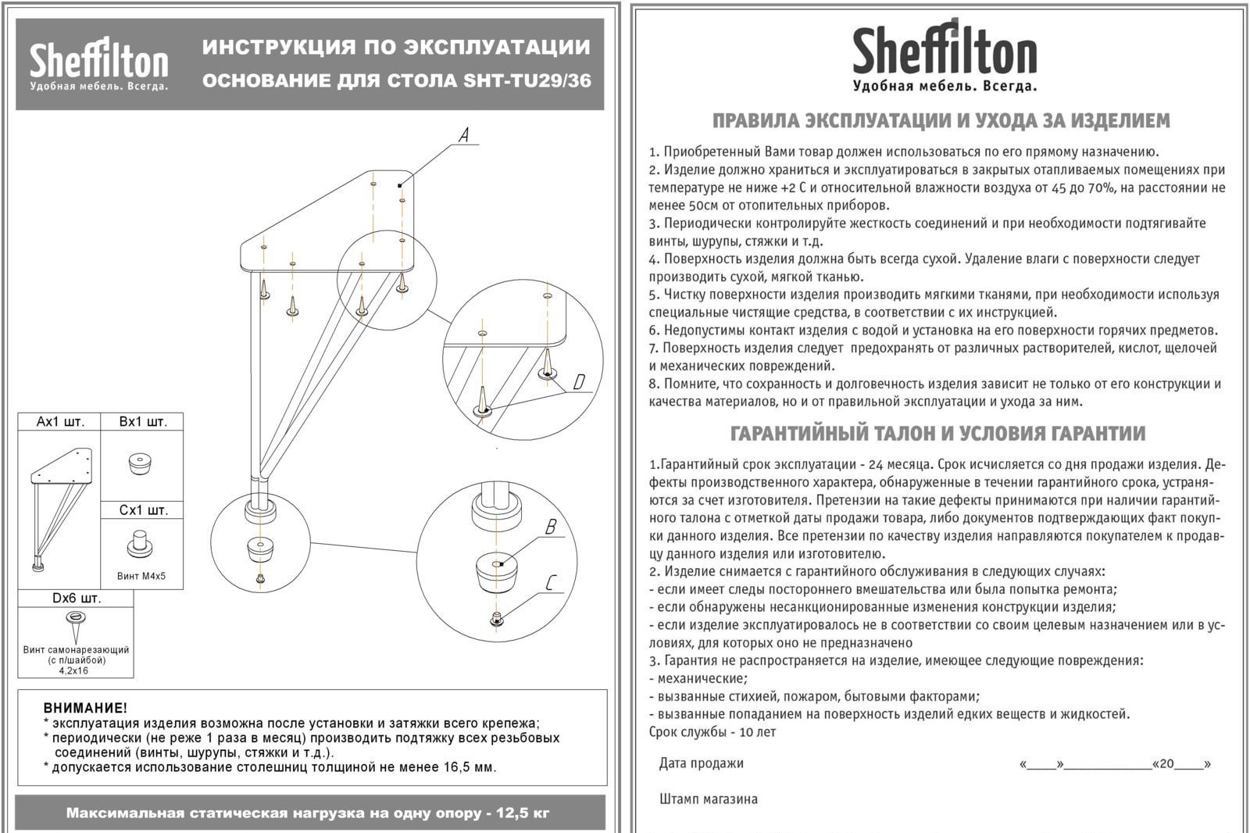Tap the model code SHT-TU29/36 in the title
(527, 80)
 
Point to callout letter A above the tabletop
(464, 135)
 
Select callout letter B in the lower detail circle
(551, 527)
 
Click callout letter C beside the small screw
(552, 583)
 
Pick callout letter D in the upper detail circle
(579, 382)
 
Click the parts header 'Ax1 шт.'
(60, 422)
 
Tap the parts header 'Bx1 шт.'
(143, 422)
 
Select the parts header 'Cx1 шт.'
(143, 510)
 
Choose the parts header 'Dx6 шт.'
(77, 599)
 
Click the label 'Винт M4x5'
(141, 577)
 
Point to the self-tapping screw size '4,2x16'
(74, 670)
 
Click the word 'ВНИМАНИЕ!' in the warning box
(85, 709)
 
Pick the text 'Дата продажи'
(701, 763)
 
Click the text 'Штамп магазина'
(708, 799)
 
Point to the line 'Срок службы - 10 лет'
(712, 732)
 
